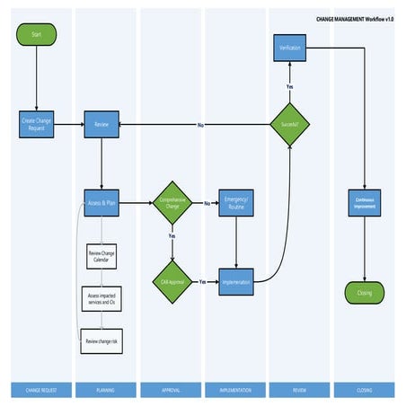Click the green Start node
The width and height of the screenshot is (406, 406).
point(36,35)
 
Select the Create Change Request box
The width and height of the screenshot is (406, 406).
point(36,125)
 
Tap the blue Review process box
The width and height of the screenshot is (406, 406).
point(101,125)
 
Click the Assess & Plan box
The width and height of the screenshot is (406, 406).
point(101,204)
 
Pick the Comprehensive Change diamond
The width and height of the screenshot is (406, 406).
point(172,203)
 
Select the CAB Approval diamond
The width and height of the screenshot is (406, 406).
point(172,281)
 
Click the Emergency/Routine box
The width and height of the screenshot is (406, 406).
point(235,204)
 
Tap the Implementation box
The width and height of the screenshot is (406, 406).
point(235,281)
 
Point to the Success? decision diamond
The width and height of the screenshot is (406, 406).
point(290,125)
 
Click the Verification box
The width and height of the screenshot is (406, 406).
point(290,49)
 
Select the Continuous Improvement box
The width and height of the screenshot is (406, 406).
point(364,203)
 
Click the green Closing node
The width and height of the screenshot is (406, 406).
point(364,293)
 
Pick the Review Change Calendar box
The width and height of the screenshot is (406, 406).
point(101,256)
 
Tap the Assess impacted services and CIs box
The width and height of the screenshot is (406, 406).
point(101,299)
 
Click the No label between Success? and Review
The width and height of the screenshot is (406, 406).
point(199,125)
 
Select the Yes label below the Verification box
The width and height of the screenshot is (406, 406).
point(290,86)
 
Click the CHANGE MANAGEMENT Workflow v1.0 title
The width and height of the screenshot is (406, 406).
point(354,18)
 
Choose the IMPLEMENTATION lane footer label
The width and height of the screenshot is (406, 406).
point(235,390)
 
